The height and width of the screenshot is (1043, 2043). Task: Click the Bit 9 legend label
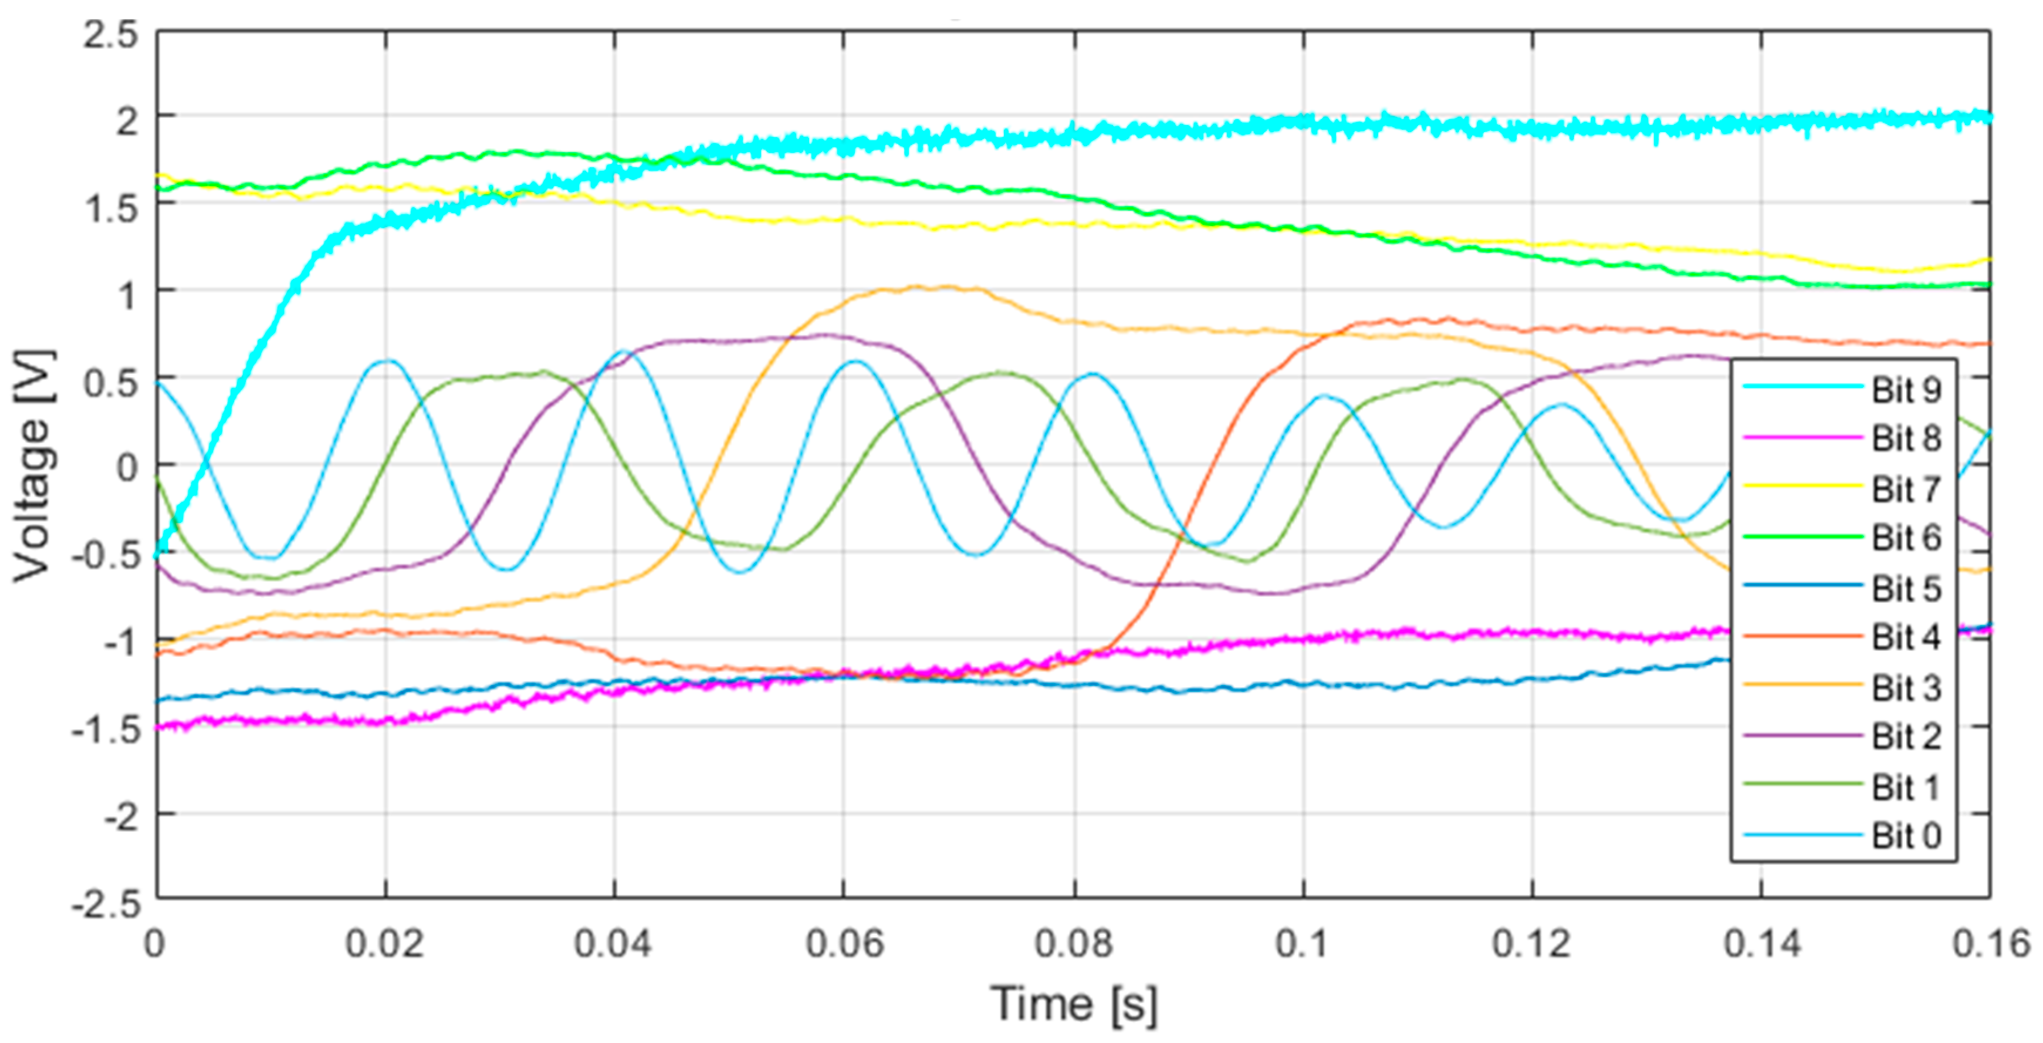(x=1906, y=390)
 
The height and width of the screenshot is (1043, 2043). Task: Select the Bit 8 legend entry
(x=1906, y=438)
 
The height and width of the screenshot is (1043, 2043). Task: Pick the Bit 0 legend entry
(x=1906, y=836)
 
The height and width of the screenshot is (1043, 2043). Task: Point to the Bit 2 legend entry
(x=1906, y=737)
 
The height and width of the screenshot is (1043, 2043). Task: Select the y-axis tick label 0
(x=127, y=468)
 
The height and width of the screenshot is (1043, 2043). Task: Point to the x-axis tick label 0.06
(x=844, y=944)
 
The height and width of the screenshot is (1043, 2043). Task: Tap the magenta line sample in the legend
(x=1802, y=437)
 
